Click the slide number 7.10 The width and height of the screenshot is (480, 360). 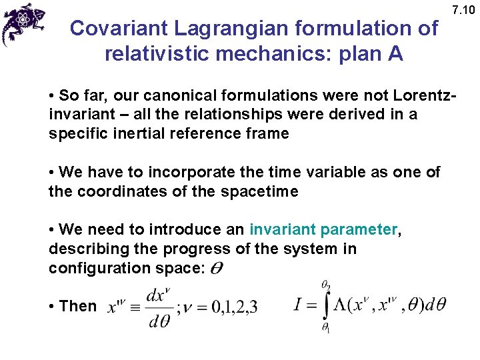click(x=465, y=10)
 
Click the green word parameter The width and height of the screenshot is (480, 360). click(x=359, y=230)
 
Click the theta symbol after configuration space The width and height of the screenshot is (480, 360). click(x=217, y=269)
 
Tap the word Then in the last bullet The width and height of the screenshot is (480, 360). click(x=77, y=306)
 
